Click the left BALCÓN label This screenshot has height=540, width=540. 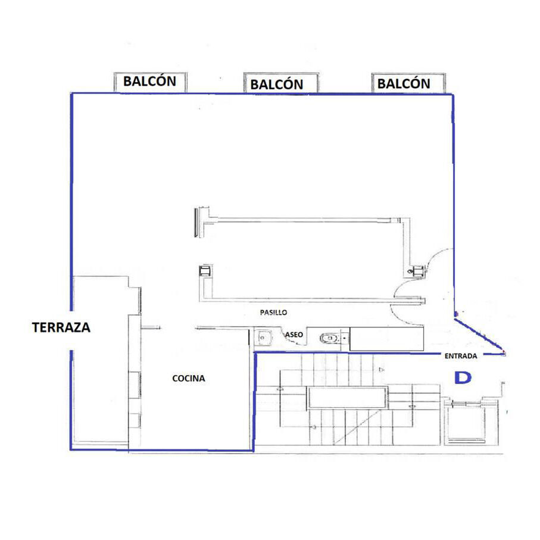[x=150, y=82]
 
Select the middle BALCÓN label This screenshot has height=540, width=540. [x=276, y=85]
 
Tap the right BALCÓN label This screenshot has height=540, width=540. [x=404, y=83]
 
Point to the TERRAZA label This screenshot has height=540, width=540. [x=61, y=327]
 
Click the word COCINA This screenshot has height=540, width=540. [x=188, y=378]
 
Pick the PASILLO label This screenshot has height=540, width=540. [x=273, y=313]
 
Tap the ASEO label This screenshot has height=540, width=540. [x=294, y=335]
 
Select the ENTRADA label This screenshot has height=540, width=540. [x=461, y=356]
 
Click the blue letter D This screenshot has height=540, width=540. [x=463, y=378]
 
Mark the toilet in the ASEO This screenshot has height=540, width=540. [x=329, y=339]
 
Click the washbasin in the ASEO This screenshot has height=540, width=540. [x=263, y=338]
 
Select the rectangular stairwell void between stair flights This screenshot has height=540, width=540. [x=347, y=398]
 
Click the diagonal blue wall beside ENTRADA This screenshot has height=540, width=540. [x=480, y=335]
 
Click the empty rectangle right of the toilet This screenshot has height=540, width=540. [x=386, y=339]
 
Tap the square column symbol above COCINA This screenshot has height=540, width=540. [x=205, y=271]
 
